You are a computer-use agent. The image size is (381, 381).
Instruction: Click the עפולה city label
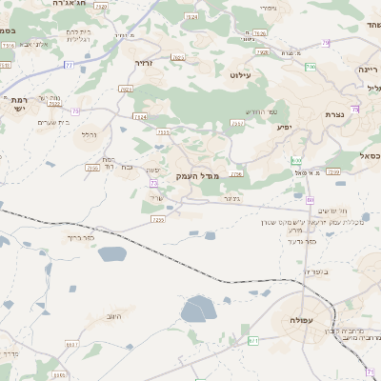[x=290, y=320]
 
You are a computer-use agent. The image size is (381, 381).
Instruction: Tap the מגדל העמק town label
[x=198, y=176]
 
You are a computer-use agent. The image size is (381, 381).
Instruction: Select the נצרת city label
[x=334, y=114]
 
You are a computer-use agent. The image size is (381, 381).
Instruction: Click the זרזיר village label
[x=143, y=63]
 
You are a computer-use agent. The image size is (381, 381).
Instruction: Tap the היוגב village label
[x=114, y=315]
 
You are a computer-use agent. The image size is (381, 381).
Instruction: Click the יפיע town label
[x=284, y=127]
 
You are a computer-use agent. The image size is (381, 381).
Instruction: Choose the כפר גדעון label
[x=300, y=241]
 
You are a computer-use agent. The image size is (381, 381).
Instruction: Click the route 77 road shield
[x=69, y=64]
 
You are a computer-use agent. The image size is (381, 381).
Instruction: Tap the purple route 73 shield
[x=153, y=182]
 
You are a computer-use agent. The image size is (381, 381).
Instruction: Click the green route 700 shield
[x=311, y=67]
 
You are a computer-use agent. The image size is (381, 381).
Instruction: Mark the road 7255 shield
[x=158, y=219]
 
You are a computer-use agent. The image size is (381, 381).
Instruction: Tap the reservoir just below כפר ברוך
[x=111, y=253]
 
